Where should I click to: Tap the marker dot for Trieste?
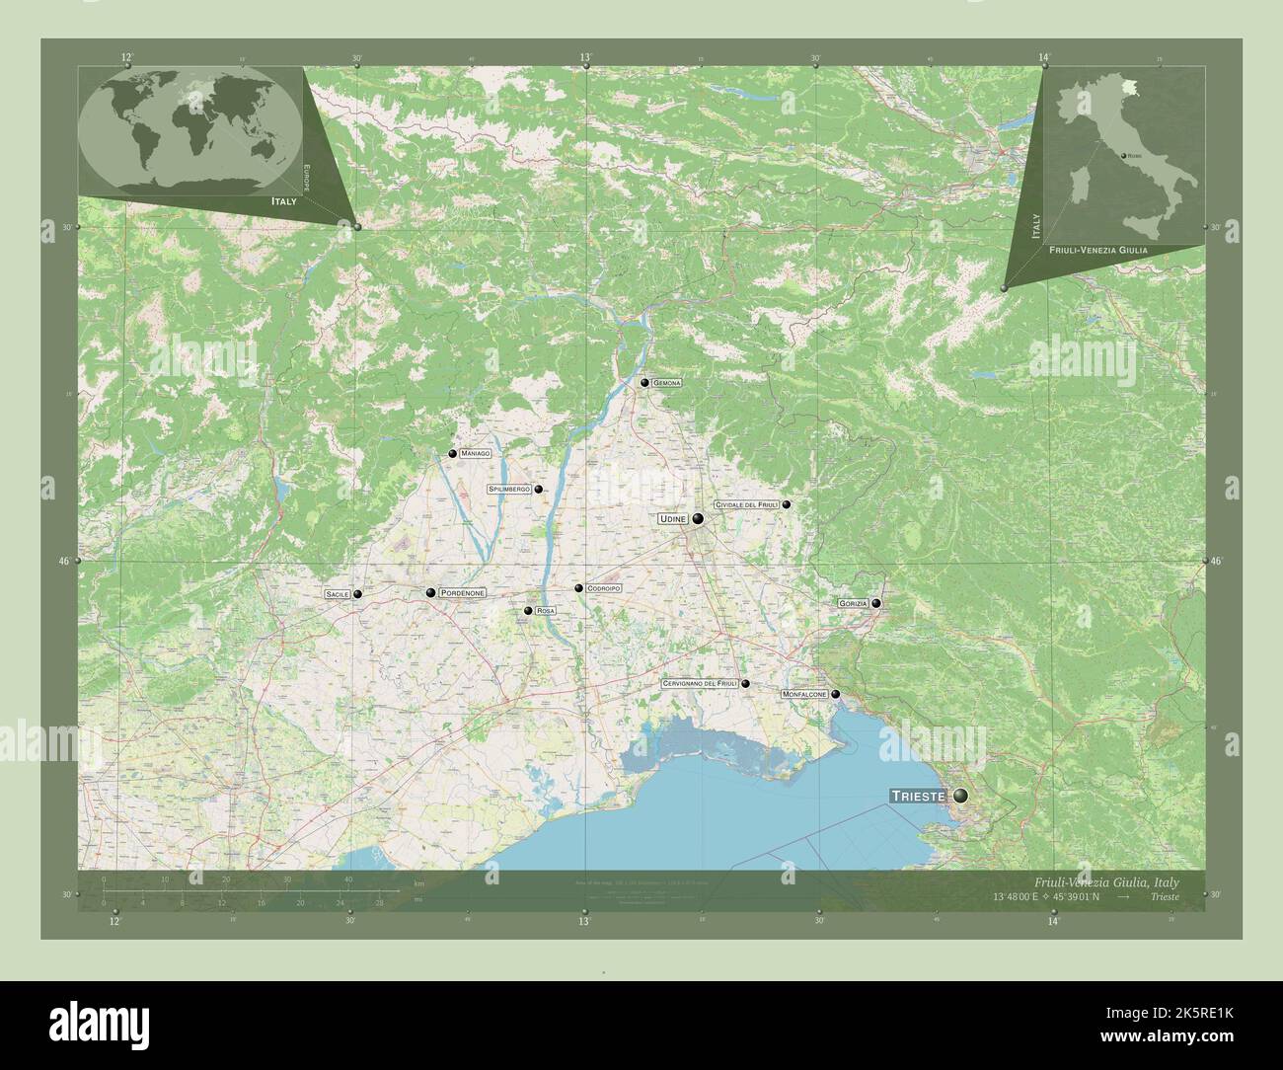point(959,796)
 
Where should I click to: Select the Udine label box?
point(672,518)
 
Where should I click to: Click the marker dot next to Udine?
point(698,518)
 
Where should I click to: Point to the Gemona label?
point(666,383)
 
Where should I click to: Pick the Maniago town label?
point(475,453)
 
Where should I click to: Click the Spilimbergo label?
point(509,489)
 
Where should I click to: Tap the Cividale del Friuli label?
point(747,504)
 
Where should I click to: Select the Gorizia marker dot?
point(875,603)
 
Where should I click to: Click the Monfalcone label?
point(804,695)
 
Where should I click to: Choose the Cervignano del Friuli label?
point(701,683)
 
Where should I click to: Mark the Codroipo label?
point(603,588)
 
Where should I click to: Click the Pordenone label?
point(462,592)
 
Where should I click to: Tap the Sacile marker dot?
point(357,594)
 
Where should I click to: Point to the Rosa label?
point(546,612)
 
